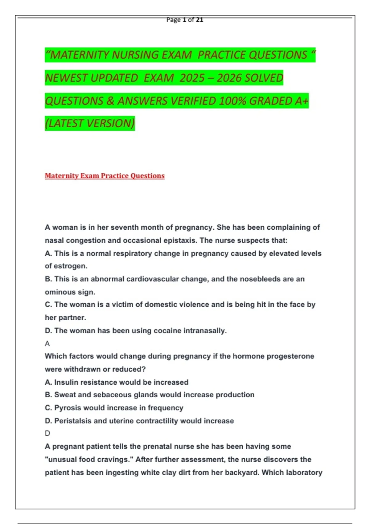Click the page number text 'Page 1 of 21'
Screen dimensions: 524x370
tap(185, 20)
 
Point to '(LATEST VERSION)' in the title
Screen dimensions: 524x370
tap(90, 123)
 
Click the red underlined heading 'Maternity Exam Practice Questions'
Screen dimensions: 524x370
tap(105, 176)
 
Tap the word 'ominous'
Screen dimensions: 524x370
tap(59, 292)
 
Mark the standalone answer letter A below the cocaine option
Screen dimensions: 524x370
tap(47, 344)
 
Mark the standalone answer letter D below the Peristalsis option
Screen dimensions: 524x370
tap(47, 433)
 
